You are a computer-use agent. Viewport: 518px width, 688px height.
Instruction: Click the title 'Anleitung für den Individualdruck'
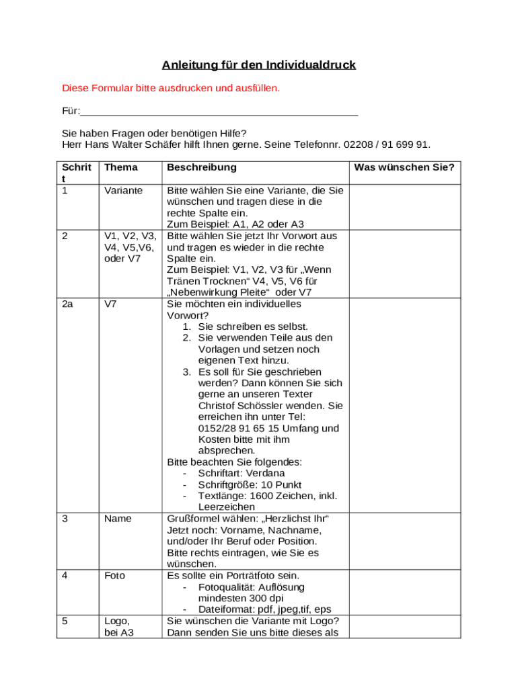[258, 65]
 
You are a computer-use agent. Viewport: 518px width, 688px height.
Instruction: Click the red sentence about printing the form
[171, 88]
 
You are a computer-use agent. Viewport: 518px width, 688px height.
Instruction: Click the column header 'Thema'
[121, 167]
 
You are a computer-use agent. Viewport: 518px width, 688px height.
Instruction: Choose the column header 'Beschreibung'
[202, 167]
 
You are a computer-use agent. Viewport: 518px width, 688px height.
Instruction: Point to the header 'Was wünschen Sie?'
[404, 167]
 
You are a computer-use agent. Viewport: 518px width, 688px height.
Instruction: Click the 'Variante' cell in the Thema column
[124, 190]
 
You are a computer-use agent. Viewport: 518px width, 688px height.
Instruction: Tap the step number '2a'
[67, 304]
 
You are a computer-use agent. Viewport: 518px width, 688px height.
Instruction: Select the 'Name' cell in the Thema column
[118, 519]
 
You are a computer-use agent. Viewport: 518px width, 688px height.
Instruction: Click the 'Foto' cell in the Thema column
[115, 576]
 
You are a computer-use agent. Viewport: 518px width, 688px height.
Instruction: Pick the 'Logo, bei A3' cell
[118, 627]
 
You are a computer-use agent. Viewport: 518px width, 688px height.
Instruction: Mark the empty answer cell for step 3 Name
[404, 542]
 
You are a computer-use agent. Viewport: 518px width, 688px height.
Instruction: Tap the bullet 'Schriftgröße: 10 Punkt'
[250, 484]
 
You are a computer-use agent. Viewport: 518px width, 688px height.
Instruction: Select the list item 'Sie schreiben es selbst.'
[253, 326]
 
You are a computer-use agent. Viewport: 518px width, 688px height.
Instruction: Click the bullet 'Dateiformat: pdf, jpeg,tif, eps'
[264, 609]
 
